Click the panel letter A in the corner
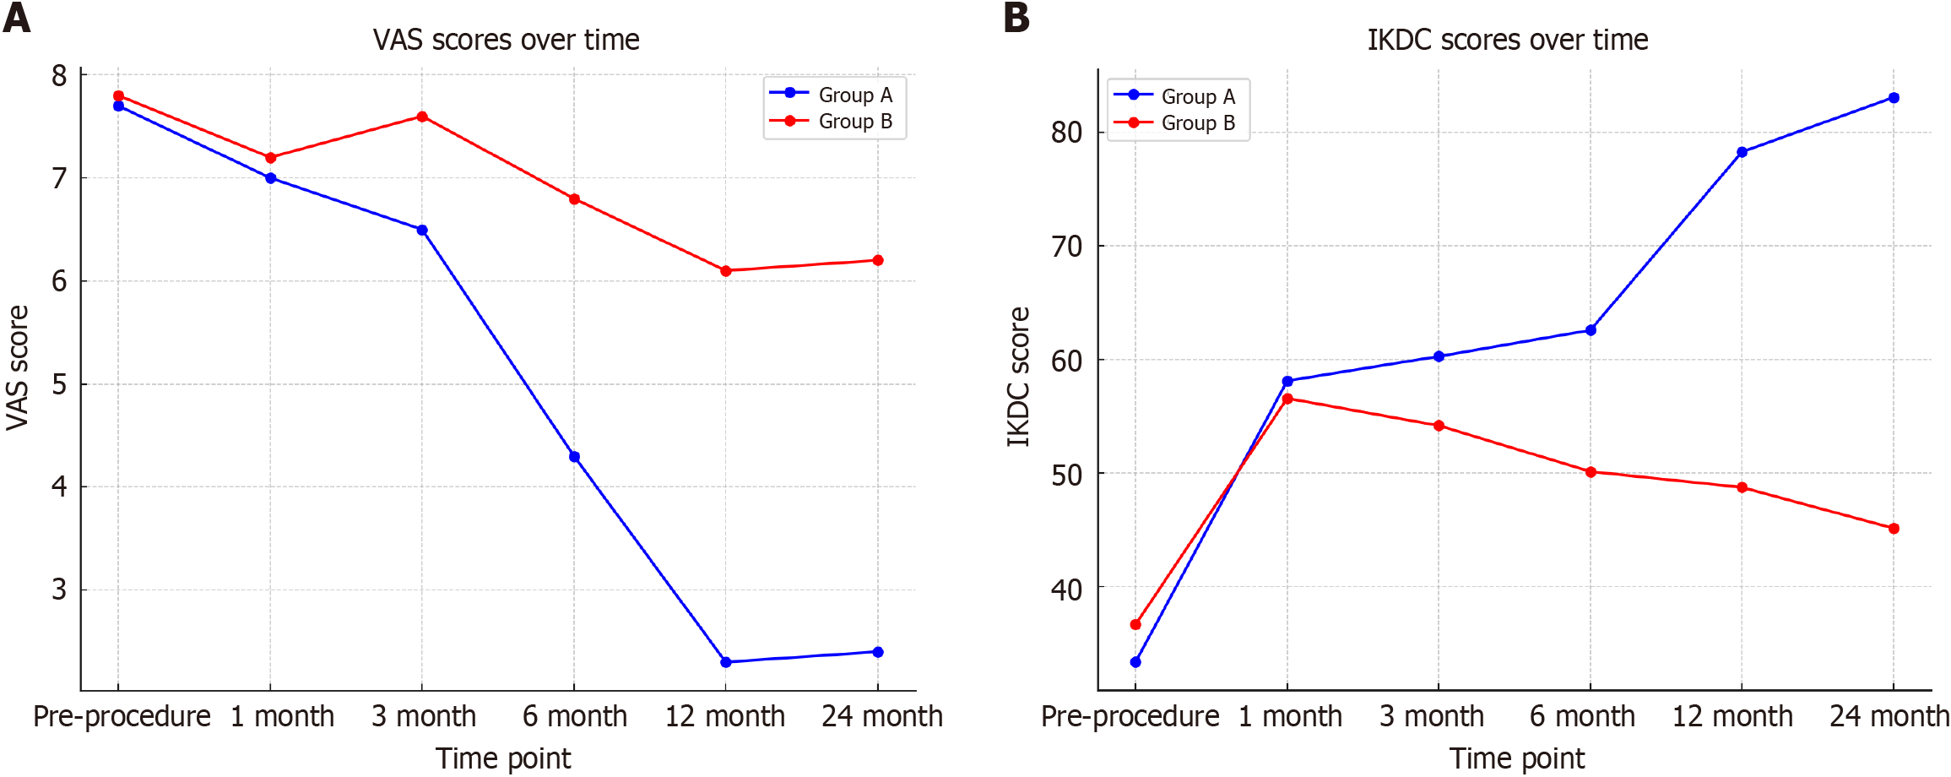pos(17,18)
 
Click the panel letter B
pos(1016,18)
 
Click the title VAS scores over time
pos(506,40)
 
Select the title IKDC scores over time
pos(1507,40)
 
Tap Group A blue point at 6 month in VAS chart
pos(574,457)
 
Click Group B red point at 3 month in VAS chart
pos(422,117)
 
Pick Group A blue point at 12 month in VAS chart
pos(726,662)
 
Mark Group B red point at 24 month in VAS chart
pos(878,260)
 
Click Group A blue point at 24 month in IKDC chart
pos(1894,98)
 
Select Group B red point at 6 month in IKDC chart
pos(1591,472)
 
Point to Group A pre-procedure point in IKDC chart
pos(1135,662)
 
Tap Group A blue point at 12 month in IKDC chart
pos(1742,152)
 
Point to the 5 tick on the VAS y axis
pos(59,384)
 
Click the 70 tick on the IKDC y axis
pos(1066,247)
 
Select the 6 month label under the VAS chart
pos(574,716)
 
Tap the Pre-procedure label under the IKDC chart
pos(1130,716)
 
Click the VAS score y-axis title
pos(18,367)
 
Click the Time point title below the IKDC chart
pos(1516,758)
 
